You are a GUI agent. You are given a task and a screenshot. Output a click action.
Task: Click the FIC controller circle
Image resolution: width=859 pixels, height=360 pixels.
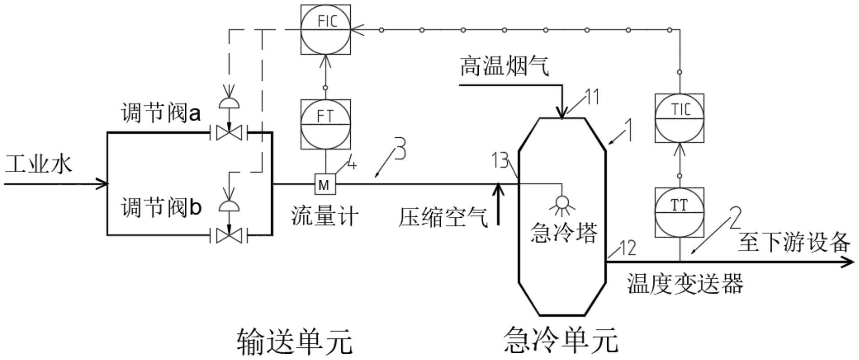pyautogui.click(x=325, y=30)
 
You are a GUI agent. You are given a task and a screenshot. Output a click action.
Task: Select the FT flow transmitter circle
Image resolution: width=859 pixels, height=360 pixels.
pyautogui.click(x=325, y=124)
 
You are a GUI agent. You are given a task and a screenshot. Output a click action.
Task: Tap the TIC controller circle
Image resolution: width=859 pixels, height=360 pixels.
pyautogui.click(x=679, y=118)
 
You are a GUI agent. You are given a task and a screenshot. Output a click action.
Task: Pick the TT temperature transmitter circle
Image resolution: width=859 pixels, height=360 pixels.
pyautogui.click(x=679, y=212)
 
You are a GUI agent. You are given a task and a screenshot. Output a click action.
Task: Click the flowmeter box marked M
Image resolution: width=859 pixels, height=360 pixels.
pyautogui.click(x=324, y=184)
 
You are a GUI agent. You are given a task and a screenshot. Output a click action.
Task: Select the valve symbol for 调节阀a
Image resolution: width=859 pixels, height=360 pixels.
pyautogui.click(x=229, y=132)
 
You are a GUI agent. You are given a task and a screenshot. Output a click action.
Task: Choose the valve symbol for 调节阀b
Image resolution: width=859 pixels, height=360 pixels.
pyautogui.click(x=229, y=235)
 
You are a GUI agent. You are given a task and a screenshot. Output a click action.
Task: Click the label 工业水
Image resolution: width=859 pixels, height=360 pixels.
pyautogui.click(x=38, y=164)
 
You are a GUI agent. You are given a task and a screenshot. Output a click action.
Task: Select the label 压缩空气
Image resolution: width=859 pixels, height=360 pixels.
pyautogui.click(x=443, y=217)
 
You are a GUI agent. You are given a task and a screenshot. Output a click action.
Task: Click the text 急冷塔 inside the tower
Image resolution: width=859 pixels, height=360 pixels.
pyautogui.click(x=564, y=233)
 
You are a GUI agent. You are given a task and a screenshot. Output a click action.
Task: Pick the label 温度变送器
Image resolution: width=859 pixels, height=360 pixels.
pyautogui.click(x=685, y=284)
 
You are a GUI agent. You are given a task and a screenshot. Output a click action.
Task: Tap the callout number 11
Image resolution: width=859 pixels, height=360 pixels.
pyautogui.click(x=592, y=97)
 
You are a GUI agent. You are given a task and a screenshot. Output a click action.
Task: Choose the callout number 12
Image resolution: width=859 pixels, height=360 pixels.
pyautogui.click(x=626, y=247)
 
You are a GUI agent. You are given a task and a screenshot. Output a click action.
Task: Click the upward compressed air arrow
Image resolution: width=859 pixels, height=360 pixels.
pyautogui.click(x=498, y=203)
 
